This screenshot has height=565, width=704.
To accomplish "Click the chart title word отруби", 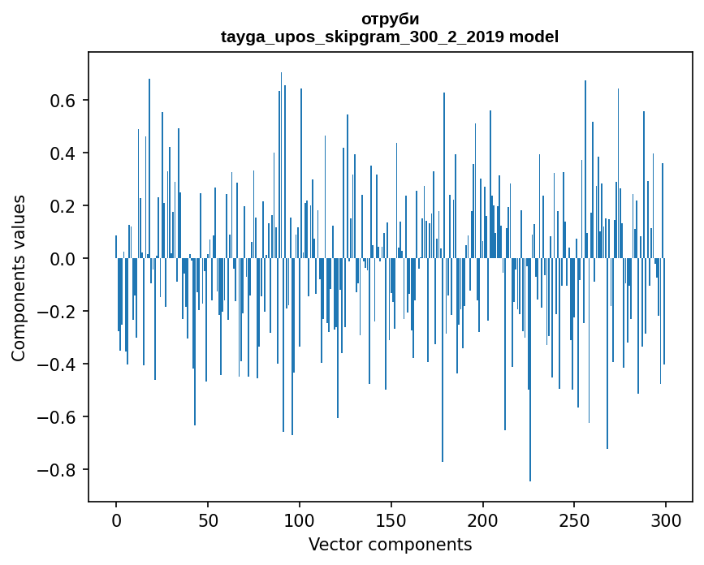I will (x=390, y=19).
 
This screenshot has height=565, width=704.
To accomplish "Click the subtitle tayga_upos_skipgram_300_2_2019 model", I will (x=390, y=37).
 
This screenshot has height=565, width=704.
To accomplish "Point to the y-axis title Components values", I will (x=18, y=278).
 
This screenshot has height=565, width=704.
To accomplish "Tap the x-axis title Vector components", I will (x=390, y=544).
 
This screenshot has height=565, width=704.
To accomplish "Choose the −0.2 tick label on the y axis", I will (x=59, y=312).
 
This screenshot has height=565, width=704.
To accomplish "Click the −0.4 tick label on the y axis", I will (x=59, y=364).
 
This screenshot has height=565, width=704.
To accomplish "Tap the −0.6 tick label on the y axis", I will (x=59, y=417).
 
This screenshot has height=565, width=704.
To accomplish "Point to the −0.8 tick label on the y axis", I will (x=59, y=470).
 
